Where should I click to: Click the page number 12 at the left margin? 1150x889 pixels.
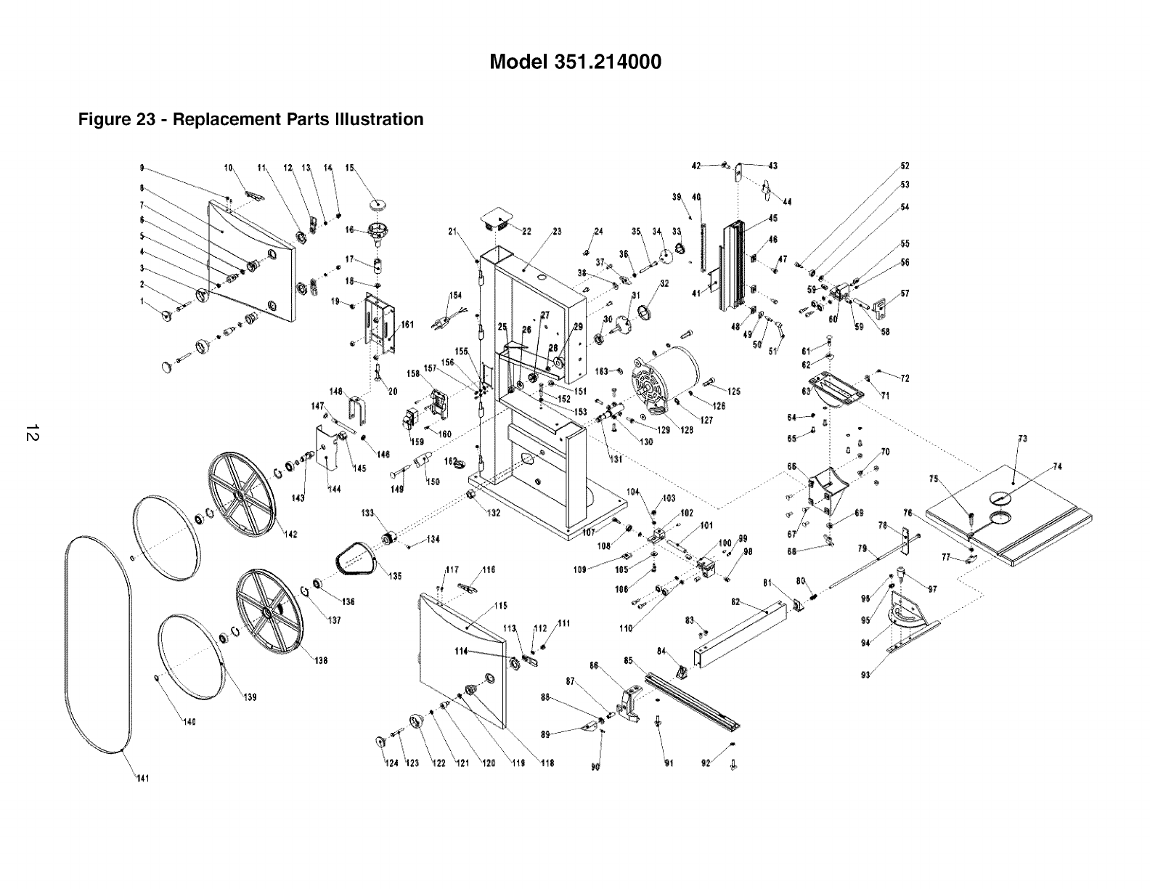pyautogui.click(x=31, y=434)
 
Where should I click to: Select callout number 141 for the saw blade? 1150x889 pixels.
pyautogui.click(x=142, y=779)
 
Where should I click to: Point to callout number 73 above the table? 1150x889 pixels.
pyautogui.click(x=1022, y=439)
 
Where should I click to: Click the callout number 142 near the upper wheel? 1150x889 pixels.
pyautogui.click(x=290, y=535)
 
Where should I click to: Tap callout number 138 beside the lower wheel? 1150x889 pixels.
pyautogui.click(x=320, y=660)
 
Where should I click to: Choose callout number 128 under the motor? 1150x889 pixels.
pyautogui.click(x=685, y=429)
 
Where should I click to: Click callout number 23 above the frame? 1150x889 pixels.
pyautogui.click(x=557, y=232)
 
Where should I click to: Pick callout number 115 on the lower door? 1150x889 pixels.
pyautogui.click(x=500, y=606)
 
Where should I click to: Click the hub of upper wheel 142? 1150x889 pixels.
pyautogui.click(x=239, y=493)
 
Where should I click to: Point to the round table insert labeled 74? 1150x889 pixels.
pyautogui.click(x=999, y=497)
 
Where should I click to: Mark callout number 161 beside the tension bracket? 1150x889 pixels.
pyautogui.click(x=407, y=325)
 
